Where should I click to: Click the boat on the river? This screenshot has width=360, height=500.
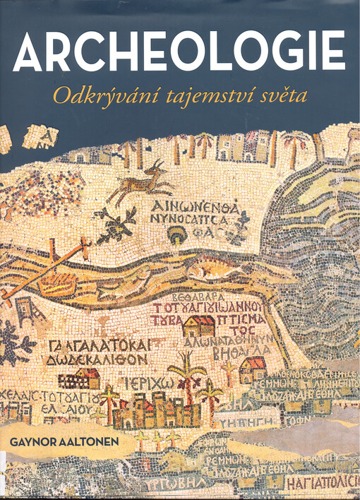coord(56,282)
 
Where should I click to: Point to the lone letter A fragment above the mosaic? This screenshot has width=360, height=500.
coord(48,135)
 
